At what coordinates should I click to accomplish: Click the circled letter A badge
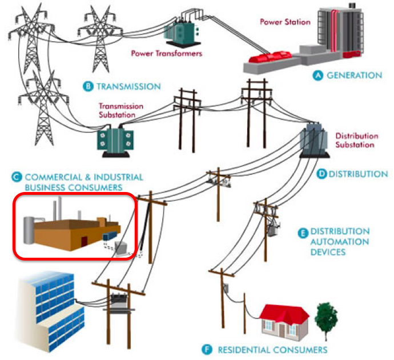319,75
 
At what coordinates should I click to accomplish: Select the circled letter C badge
17,177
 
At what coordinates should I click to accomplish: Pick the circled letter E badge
303,233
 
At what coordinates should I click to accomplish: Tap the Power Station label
285,23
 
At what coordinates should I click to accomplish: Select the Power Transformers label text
167,54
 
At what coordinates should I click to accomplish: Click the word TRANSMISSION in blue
128,86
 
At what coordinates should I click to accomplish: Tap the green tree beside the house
327,316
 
